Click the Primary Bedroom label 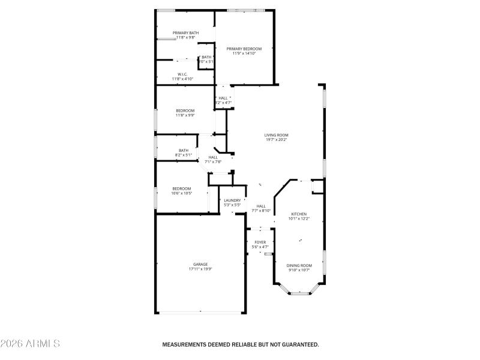[x=244, y=49]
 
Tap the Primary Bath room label [x=185, y=32]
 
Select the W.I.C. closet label [x=182, y=74]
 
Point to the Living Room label [x=276, y=135]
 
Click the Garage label [x=200, y=264]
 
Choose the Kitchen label [x=299, y=214]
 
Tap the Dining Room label [x=299, y=265]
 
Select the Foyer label [x=260, y=242]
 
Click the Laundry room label [x=232, y=200]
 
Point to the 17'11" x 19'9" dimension [x=200, y=269]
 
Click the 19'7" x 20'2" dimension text [x=276, y=140]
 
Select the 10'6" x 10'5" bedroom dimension [x=181, y=193]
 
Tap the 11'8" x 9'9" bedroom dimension [x=185, y=115]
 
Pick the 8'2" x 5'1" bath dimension [x=183, y=155]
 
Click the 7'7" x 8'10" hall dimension [x=261, y=211]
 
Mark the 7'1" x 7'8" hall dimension [x=213, y=161]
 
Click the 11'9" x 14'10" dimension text [x=244, y=53]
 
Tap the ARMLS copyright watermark [x=30, y=344]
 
